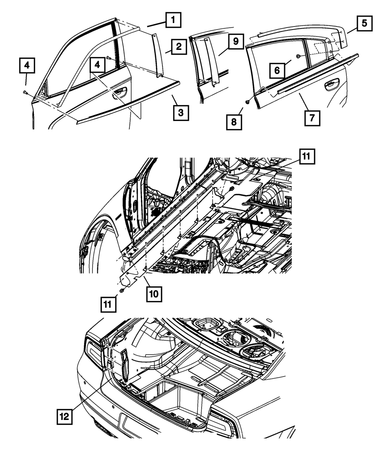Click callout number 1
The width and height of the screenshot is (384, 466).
coord(173,20)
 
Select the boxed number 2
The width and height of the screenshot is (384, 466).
coord(179,48)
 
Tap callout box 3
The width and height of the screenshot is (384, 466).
coord(180,113)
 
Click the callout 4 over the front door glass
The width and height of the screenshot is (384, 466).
coord(98,66)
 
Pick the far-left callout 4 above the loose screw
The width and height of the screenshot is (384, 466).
coord(26,66)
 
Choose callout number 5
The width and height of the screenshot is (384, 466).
coord(364,23)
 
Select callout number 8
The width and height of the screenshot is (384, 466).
coord(234,122)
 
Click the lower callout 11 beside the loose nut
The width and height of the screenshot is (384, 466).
coord(108,305)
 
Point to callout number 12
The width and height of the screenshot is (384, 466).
coord(65,416)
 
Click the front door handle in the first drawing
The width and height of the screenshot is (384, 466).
coord(120,91)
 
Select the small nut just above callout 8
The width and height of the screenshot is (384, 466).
coord(248,102)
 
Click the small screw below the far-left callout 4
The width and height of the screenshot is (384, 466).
coord(25,92)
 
